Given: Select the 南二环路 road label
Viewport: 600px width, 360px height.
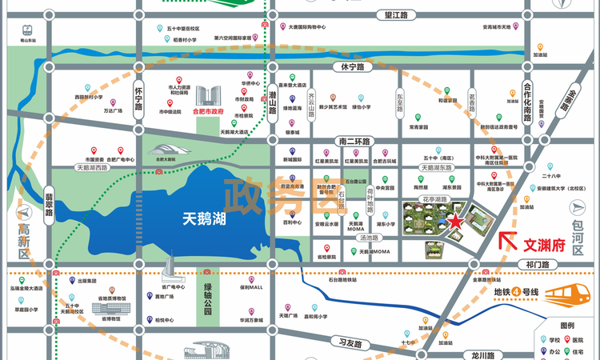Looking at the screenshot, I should click(x=355, y=142).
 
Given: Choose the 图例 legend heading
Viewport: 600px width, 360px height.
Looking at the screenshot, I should click(x=567, y=326).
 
